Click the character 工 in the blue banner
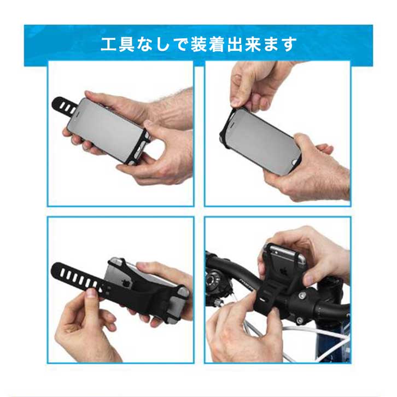point(109,44)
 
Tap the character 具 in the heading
point(126,44)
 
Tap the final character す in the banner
point(289,44)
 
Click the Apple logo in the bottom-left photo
point(125,284)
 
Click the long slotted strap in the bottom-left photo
point(79,277)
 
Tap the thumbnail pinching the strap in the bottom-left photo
point(91,293)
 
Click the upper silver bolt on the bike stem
point(302,295)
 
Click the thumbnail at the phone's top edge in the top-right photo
point(236,102)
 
